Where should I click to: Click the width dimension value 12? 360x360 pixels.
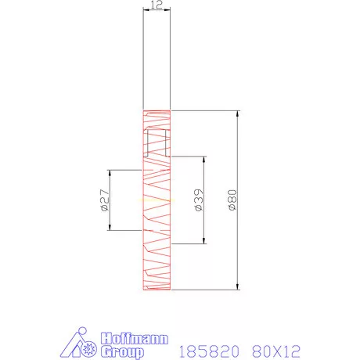pyautogui.click(x=156, y=5)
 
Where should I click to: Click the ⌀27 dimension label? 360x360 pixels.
pyautogui.click(x=104, y=200)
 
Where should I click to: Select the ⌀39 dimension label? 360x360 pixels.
pyautogui.click(x=199, y=200)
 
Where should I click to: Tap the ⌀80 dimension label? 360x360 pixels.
pyautogui.click(x=232, y=200)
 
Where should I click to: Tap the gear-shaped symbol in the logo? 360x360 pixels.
pyautogui.click(x=93, y=349)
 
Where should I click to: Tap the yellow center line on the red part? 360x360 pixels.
pyautogui.click(x=156, y=200)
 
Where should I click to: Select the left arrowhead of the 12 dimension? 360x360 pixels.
pyautogui.click(x=144, y=11)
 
